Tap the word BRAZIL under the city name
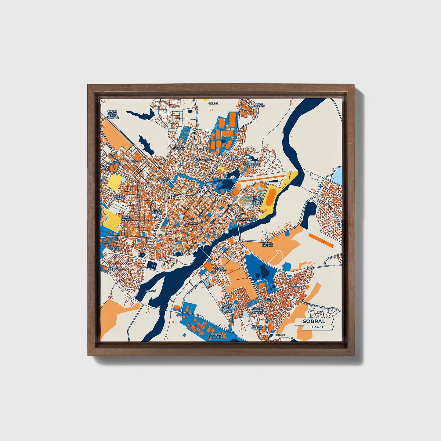(318, 327)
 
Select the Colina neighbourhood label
(214, 103)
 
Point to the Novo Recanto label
(259, 105)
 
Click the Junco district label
(133, 161)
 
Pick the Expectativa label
(204, 160)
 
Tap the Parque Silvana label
(179, 147)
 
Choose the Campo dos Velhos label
(165, 181)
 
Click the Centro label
(193, 223)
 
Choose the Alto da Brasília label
(235, 158)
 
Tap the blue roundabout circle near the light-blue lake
(320, 186)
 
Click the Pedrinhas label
(245, 219)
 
